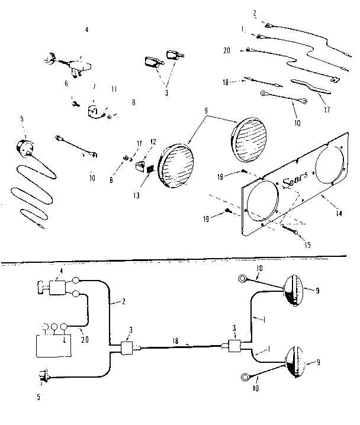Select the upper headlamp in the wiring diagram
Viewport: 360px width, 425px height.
point(294,290)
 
